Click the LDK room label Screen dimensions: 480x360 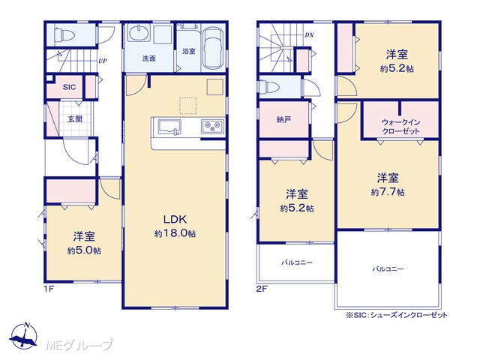pos(175,219)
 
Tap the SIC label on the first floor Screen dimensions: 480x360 pos(69,87)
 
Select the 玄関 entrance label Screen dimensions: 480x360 pos(75,118)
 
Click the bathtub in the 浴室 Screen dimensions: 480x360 pos(213,48)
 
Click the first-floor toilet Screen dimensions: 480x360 pos(64,34)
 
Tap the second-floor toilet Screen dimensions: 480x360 pos(268,86)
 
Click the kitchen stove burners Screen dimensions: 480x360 pos(212,126)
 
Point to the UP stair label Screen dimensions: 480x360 pos(103,61)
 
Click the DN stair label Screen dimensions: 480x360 pos(309,35)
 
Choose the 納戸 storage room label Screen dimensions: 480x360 pos(283,119)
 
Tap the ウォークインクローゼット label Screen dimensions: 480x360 pos(400,127)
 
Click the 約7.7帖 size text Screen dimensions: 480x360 pos(388,192)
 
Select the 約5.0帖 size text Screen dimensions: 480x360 pos(84,250)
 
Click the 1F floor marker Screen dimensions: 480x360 pos(49,289)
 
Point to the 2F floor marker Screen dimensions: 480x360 pos(262,289)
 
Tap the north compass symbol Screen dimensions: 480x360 pos(23,335)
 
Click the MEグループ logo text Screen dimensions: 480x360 pos(79,345)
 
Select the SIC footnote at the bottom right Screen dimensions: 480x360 pos(397,315)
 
